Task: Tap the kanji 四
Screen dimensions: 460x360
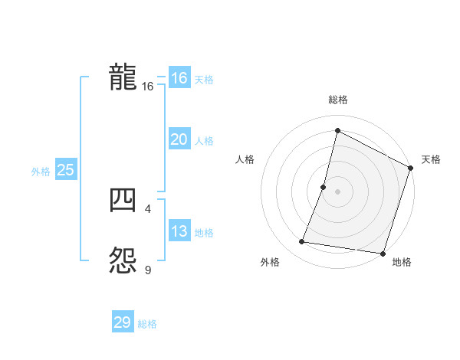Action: [123, 200]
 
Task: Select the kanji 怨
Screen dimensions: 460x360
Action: [123, 260]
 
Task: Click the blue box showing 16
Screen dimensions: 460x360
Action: [179, 78]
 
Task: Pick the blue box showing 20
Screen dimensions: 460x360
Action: [179, 139]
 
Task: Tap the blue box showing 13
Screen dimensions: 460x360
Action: [179, 231]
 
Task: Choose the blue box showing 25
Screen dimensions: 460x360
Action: [65, 170]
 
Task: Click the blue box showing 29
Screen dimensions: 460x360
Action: [122, 322]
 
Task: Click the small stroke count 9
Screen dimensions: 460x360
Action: [148, 269]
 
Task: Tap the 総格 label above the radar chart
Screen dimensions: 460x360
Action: [338, 100]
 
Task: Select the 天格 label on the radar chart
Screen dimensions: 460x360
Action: [431, 159]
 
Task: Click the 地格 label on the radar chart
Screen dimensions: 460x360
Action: [402, 263]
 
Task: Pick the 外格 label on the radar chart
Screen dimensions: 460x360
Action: [270, 263]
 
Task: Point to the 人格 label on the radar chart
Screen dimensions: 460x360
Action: [245, 159]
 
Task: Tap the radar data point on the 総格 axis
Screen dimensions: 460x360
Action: [337, 131]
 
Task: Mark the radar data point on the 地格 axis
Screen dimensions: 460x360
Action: [383, 253]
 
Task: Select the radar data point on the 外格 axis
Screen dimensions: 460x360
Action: [302, 242]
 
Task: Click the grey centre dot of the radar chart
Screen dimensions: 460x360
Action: [337, 191]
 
